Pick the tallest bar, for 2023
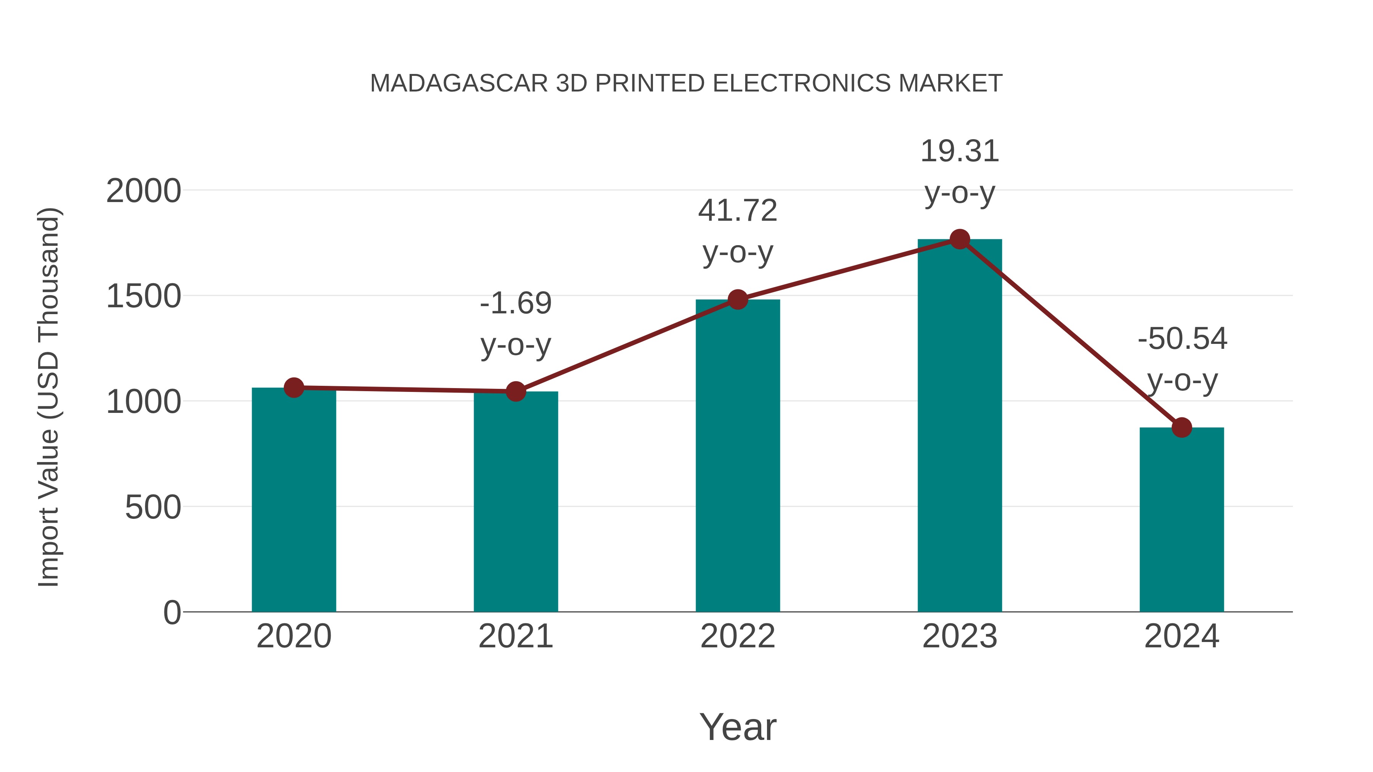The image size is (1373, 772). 960,426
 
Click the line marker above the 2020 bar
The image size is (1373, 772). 294,388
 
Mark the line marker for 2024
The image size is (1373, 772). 1182,427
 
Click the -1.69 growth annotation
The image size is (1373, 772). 515,304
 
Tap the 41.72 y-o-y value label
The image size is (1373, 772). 738,211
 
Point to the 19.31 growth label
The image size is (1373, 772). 960,152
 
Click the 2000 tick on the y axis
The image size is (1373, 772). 143,191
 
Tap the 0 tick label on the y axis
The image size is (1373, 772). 172,613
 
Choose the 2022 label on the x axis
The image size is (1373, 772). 738,636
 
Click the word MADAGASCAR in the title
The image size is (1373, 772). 459,83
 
